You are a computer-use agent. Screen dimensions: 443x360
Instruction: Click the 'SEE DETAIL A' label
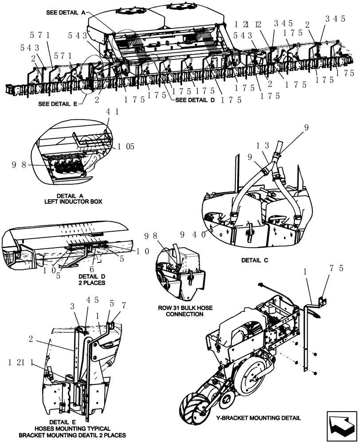point(66,13)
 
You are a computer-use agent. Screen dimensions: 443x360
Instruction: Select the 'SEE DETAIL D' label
point(195,100)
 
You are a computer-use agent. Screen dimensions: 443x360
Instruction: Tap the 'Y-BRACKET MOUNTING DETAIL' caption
point(258,417)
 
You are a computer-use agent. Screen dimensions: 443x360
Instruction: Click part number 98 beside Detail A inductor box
point(21,165)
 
